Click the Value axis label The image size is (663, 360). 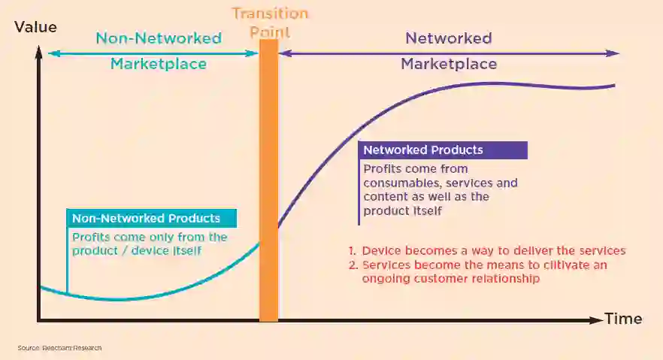point(35,27)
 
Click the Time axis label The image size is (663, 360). point(623,319)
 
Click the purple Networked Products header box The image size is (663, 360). point(443,150)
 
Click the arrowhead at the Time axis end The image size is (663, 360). point(598,319)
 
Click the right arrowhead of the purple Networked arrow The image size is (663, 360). point(614,53)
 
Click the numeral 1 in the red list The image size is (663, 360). point(351,251)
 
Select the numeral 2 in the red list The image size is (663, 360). point(351,265)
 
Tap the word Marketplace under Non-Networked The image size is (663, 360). point(158,64)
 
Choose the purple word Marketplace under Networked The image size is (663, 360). point(448,64)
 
